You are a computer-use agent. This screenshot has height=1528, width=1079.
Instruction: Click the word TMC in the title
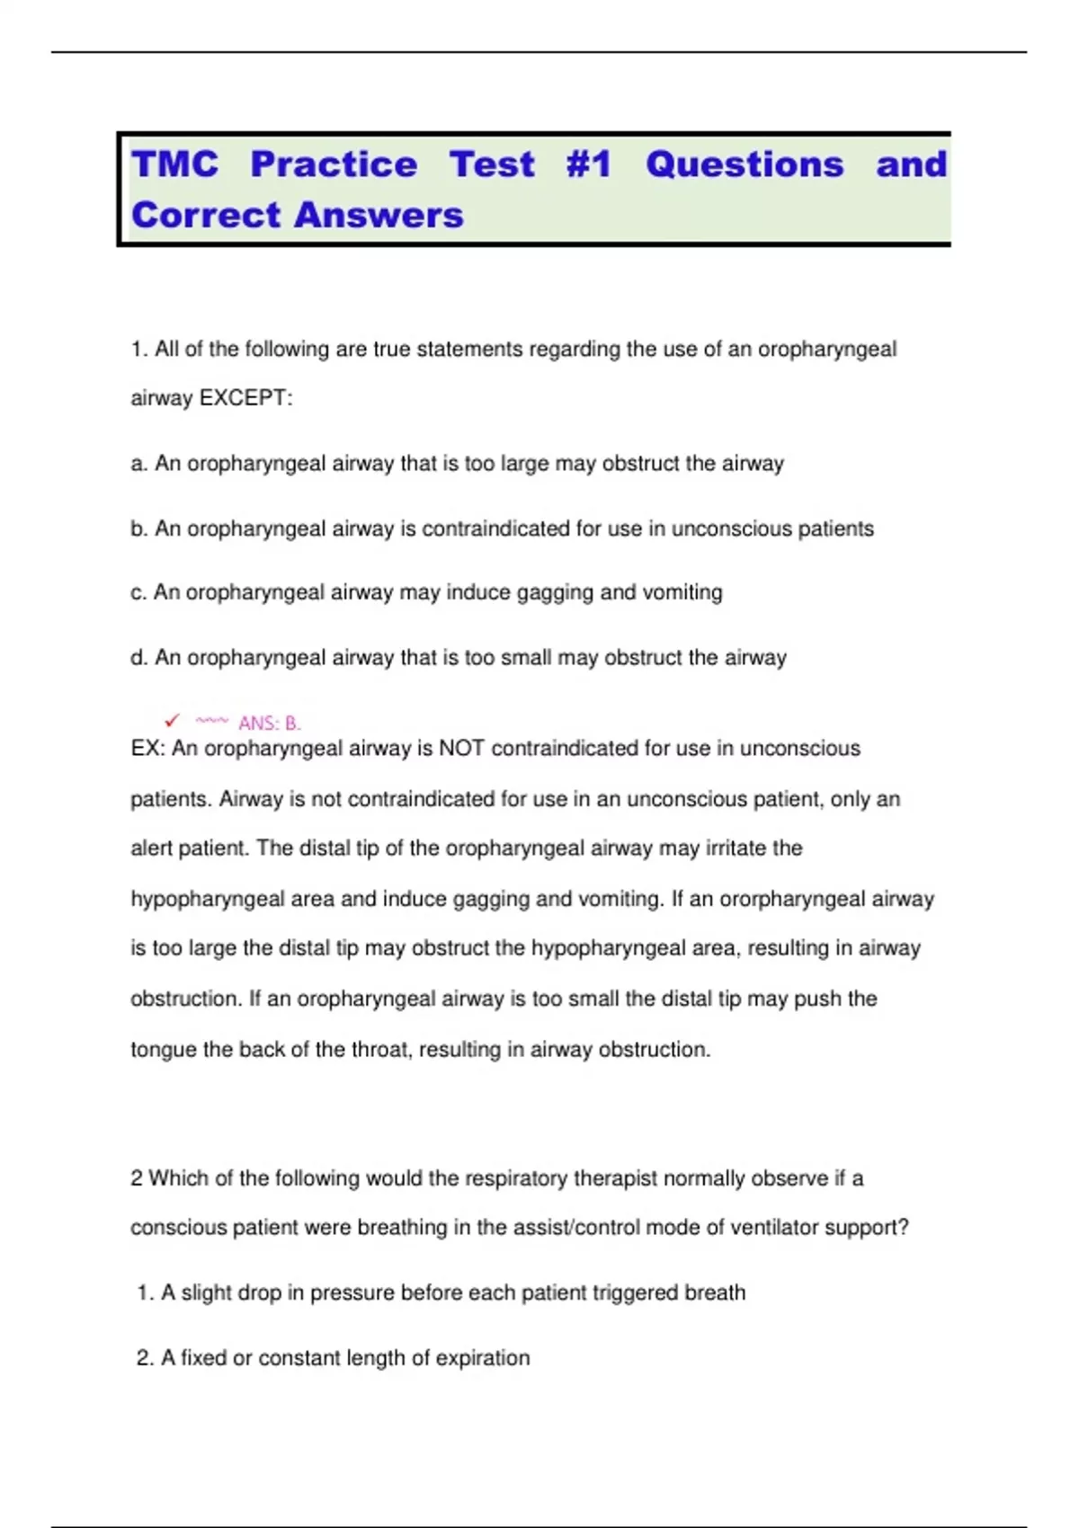pyautogui.click(x=174, y=164)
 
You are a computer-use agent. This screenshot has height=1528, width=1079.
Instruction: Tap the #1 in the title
pyautogui.click(x=589, y=164)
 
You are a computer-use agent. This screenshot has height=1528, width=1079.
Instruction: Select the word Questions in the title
pyautogui.click(x=745, y=164)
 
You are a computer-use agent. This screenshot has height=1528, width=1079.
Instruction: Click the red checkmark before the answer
pyautogui.click(x=172, y=721)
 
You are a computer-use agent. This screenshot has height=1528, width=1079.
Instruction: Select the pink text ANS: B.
pyautogui.click(x=269, y=724)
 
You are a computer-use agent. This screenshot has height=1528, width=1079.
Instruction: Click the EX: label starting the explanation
pyautogui.click(x=147, y=749)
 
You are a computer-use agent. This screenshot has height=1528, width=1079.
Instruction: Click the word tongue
pyautogui.click(x=164, y=1050)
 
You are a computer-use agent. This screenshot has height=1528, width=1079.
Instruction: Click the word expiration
pyautogui.click(x=483, y=1358)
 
